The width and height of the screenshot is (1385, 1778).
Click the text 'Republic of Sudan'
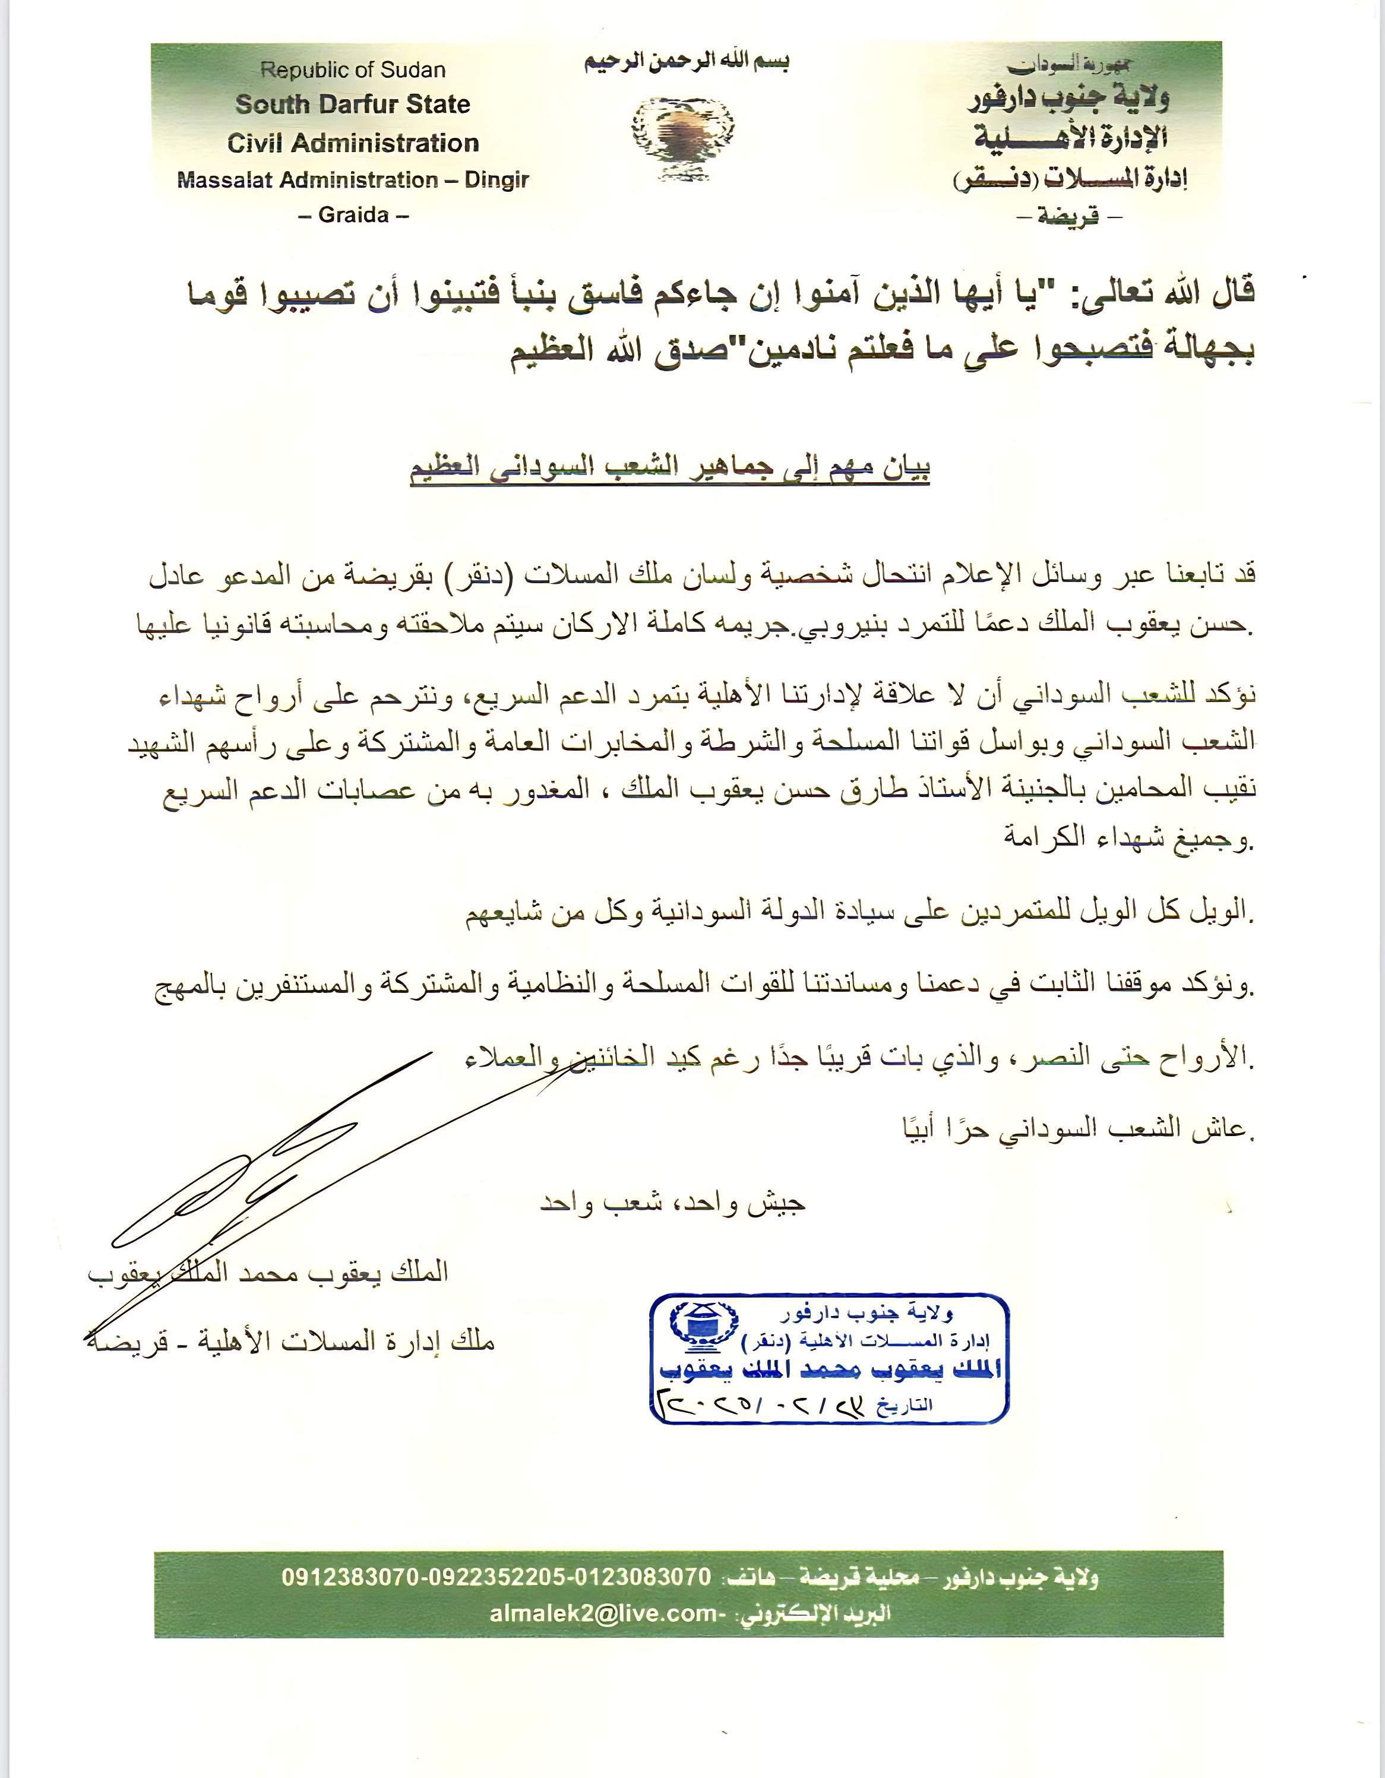[353, 70]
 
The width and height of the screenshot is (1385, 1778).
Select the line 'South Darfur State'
[353, 104]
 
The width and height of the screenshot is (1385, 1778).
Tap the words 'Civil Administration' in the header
[353, 143]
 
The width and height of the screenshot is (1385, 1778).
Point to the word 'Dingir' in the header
[496, 180]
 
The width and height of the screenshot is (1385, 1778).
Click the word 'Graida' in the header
[353, 215]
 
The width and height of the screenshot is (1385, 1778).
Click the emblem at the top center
[682, 137]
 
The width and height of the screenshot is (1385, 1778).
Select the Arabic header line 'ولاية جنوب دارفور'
[1068, 99]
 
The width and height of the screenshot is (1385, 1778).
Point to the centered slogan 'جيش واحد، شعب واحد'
[672, 1203]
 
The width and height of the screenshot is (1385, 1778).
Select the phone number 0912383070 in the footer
[350, 1576]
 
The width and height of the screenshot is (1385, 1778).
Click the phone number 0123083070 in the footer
[643, 1576]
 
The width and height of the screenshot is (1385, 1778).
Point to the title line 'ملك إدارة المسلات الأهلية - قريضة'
[290, 1342]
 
